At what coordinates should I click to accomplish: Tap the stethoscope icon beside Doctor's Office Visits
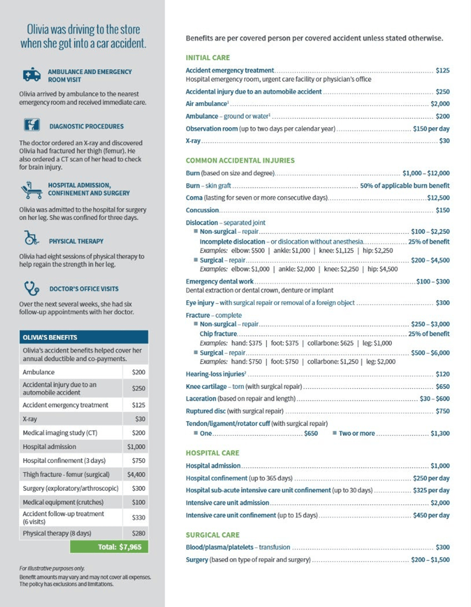[x=32, y=288]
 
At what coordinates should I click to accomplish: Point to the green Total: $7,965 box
[x=109, y=547]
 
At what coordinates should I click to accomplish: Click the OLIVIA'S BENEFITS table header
[x=84, y=337]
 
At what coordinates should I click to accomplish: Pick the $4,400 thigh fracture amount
[x=136, y=474]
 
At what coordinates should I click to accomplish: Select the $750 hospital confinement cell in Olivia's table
[x=138, y=460]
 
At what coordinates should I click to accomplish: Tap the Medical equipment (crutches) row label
[x=63, y=502]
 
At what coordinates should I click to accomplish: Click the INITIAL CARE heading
[x=208, y=58]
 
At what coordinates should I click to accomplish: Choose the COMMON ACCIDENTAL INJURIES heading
[x=240, y=160]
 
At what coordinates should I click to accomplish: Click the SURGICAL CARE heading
[x=213, y=535]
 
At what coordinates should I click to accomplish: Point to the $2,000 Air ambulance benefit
[x=440, y=104]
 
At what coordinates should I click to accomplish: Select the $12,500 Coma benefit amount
[x=438, y=198]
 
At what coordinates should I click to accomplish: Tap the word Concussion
[x=202, y=210]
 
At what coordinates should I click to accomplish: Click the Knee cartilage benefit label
[x=206, y=386]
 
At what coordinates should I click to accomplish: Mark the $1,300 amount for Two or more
[x=440, y=433]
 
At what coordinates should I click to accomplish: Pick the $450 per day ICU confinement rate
[x=431, y=515]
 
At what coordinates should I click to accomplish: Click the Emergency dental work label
[x=220, y=281]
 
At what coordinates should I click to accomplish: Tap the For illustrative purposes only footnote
[x=52, y=568]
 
